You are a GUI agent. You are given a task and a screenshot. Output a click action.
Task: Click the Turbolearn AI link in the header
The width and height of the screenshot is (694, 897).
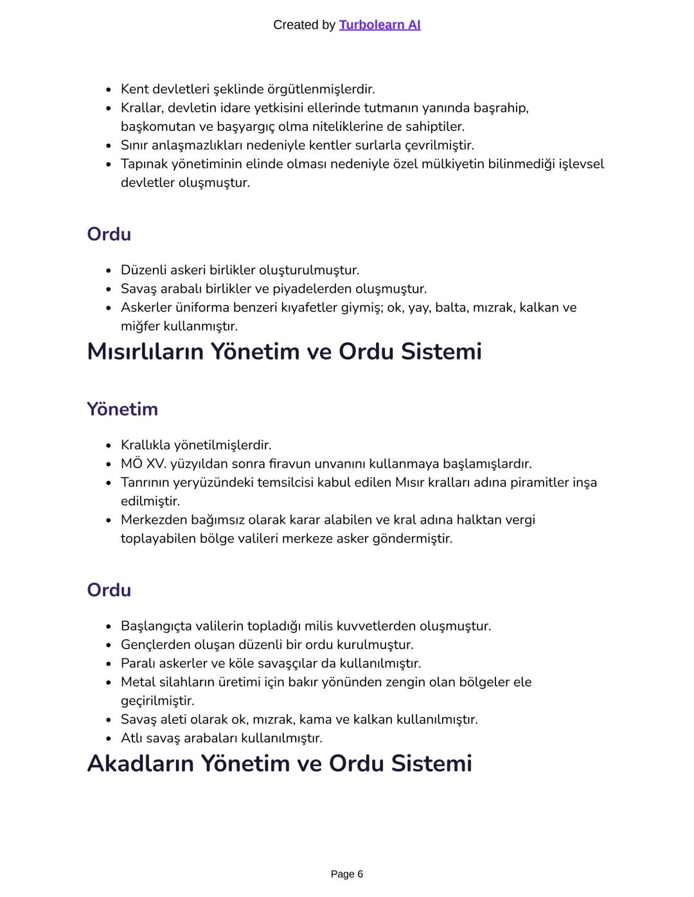tap(379, 25)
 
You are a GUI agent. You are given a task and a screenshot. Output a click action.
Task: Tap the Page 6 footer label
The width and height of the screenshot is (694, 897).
tap(346, 874)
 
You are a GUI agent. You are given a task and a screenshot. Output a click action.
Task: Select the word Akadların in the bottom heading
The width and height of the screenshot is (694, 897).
tap(140, 763)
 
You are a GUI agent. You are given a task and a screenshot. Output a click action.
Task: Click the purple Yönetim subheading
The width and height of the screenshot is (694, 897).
tap(122, 409)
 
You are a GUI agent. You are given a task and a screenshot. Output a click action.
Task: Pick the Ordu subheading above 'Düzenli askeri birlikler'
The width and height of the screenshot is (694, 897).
tap(109, 234)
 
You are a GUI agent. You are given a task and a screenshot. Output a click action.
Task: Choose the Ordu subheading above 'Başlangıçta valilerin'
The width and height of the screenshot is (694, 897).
tap(109, 590)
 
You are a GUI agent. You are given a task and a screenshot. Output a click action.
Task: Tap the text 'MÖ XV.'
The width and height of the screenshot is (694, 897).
tap(143, 464)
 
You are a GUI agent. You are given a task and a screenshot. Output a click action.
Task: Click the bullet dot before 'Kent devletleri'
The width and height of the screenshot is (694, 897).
tap(109, 90)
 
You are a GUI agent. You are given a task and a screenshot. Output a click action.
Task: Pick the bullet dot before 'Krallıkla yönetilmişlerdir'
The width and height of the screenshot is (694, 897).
tap(109, 446)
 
